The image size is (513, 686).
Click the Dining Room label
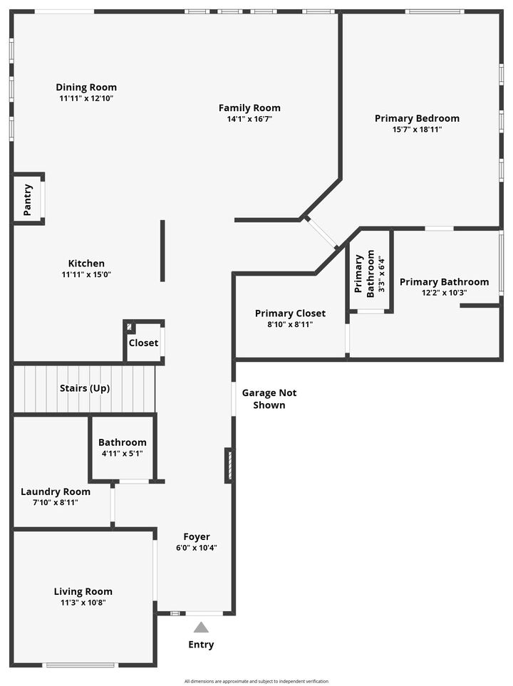tap(86, 88)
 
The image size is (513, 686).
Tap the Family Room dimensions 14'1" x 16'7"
tap(249, 119)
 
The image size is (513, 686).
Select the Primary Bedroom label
tap(417, 118)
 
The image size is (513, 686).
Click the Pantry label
tap(28, 199)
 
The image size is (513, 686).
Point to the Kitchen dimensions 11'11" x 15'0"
tap(86, 274)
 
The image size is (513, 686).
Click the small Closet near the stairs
tap(143, 343)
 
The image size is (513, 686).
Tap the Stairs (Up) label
tap(84, 388)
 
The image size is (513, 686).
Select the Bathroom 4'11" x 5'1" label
tap(123, 442)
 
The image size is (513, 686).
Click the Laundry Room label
tap(56, 492)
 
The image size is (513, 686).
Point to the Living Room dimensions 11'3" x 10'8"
tap(83, 603)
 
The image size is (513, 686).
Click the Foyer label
tap(197, 536)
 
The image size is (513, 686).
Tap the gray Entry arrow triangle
tap(202, 628)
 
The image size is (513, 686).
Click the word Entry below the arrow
tap(201, 645)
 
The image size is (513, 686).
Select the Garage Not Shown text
tap(269, 399)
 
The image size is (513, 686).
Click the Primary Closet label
tap(290, 313)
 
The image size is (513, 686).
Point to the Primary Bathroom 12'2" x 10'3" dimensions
tap(444, 292)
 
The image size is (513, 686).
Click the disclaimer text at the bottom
tap(256, 681)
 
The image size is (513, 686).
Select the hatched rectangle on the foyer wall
tap(229, 465)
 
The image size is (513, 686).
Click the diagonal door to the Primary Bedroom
tap(322, 233)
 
